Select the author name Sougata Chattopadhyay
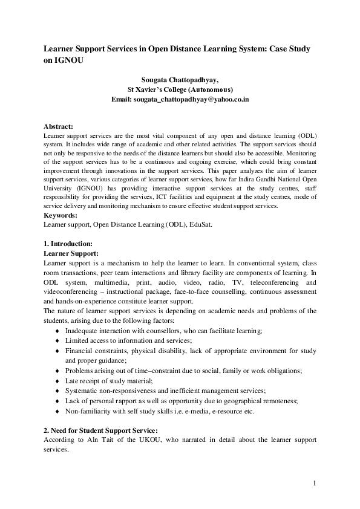(x=180, y=79)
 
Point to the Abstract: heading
(x=58, y=126)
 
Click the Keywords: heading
(x=61, y=215)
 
